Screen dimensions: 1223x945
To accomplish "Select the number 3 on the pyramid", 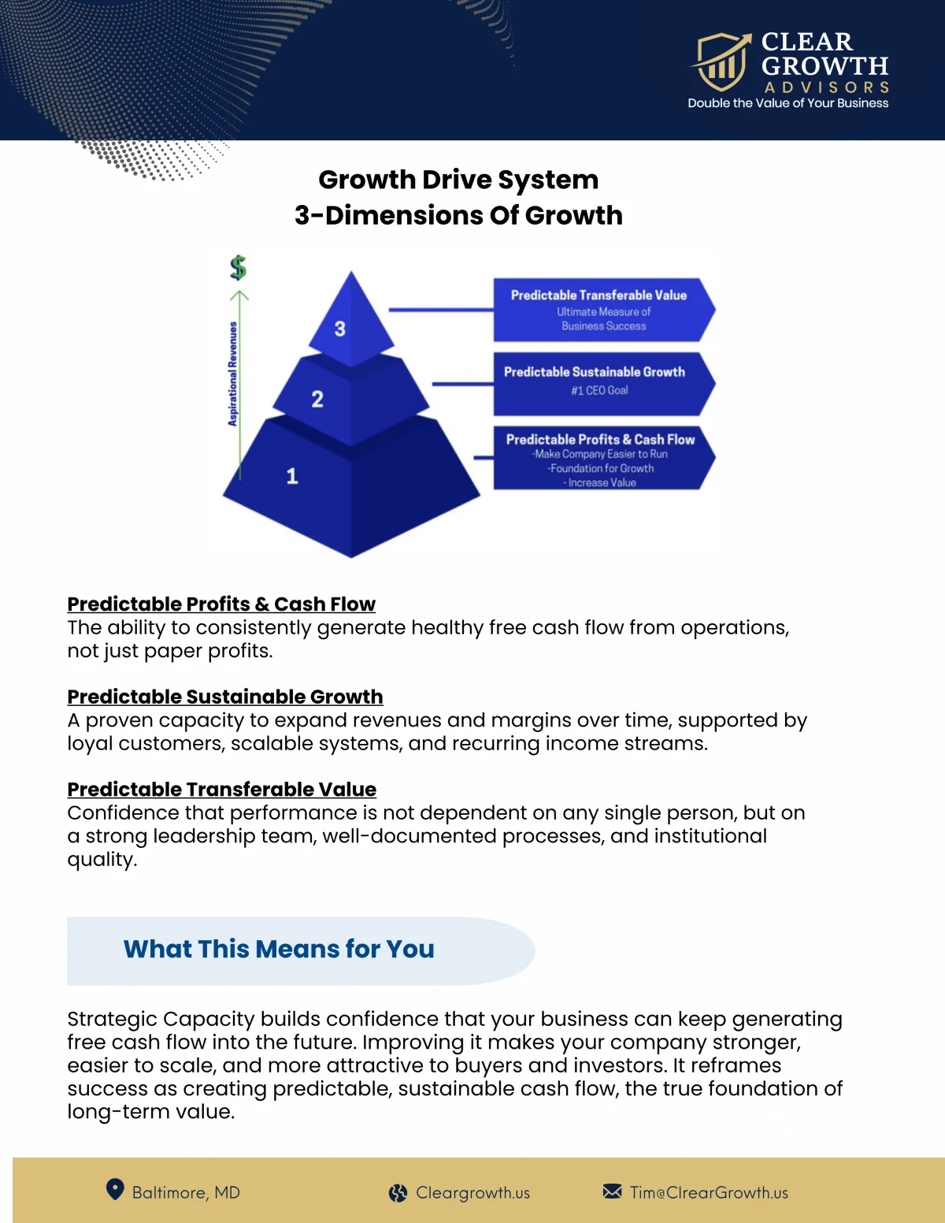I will click(339, 329).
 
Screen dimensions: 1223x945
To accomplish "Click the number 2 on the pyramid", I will click(317, 399).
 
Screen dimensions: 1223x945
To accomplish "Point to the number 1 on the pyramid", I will click(292, 476).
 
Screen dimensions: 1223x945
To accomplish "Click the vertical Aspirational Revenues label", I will click(232, 374).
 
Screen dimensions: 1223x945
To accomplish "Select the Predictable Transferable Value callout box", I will click(602, 309).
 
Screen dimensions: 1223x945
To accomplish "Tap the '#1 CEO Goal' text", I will click(599, 390).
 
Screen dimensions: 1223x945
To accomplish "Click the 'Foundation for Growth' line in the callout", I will click(602, 468).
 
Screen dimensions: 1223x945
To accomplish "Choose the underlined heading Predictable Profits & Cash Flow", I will click(221, 604).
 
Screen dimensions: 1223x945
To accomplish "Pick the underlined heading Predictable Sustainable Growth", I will click(225, 697).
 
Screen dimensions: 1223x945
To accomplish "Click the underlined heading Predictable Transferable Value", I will click(222, 790).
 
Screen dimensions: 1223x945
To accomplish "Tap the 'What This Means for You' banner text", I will click(279, 950).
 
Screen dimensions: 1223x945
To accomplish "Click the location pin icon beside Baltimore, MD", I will click(115, 1190).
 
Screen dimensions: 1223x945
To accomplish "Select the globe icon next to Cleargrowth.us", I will click(398, 1193).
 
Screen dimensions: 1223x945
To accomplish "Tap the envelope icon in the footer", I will click(612, 1191).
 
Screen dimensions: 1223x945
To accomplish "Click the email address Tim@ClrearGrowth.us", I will click(709, 1193).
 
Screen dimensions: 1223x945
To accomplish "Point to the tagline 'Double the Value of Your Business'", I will click(787, 103).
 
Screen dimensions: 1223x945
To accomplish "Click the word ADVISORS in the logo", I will click(826, 87).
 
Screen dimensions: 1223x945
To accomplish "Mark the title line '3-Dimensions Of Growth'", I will click(458, 215).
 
